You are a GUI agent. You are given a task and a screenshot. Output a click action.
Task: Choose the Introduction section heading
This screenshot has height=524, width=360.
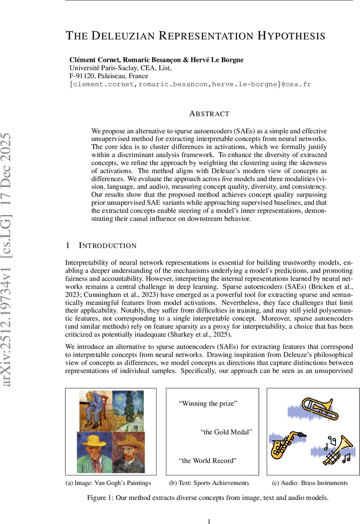[107, 245]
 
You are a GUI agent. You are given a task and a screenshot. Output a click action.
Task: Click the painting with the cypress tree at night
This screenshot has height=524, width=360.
[127, 410]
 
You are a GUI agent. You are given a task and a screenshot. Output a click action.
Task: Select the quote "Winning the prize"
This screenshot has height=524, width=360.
[208, 403]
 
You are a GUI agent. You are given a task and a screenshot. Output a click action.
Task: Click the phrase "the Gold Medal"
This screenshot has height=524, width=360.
[226, 432]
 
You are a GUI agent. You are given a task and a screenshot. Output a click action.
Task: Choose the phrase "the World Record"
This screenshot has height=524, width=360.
[208, 460]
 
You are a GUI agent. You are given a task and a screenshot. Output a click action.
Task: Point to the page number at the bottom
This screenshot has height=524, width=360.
[209, 521]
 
